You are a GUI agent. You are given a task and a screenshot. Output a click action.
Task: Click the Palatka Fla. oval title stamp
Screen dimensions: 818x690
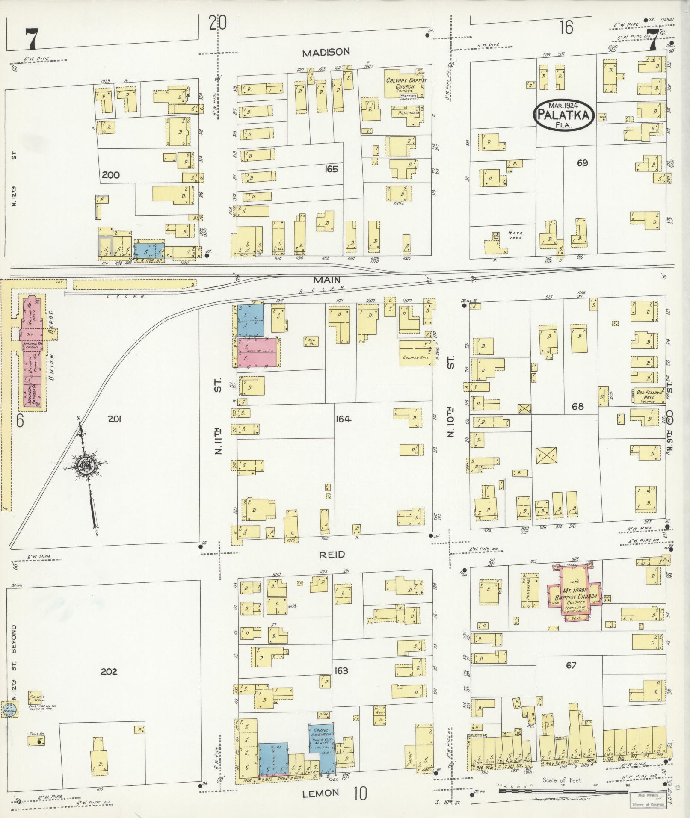point(563,114)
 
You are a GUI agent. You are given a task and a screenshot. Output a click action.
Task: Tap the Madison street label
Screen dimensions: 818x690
point(326,52)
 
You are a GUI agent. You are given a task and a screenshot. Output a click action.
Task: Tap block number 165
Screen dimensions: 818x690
point(331,169)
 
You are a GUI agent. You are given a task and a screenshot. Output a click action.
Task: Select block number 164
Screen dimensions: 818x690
point(344,419)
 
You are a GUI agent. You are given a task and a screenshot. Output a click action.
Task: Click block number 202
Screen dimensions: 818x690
point(109,672)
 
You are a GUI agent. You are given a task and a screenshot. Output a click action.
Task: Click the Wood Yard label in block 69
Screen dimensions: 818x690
point(515,235)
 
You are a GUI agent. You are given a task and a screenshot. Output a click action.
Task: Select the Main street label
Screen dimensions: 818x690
point(326,280)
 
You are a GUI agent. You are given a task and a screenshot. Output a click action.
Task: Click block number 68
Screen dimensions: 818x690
point(577,406)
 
